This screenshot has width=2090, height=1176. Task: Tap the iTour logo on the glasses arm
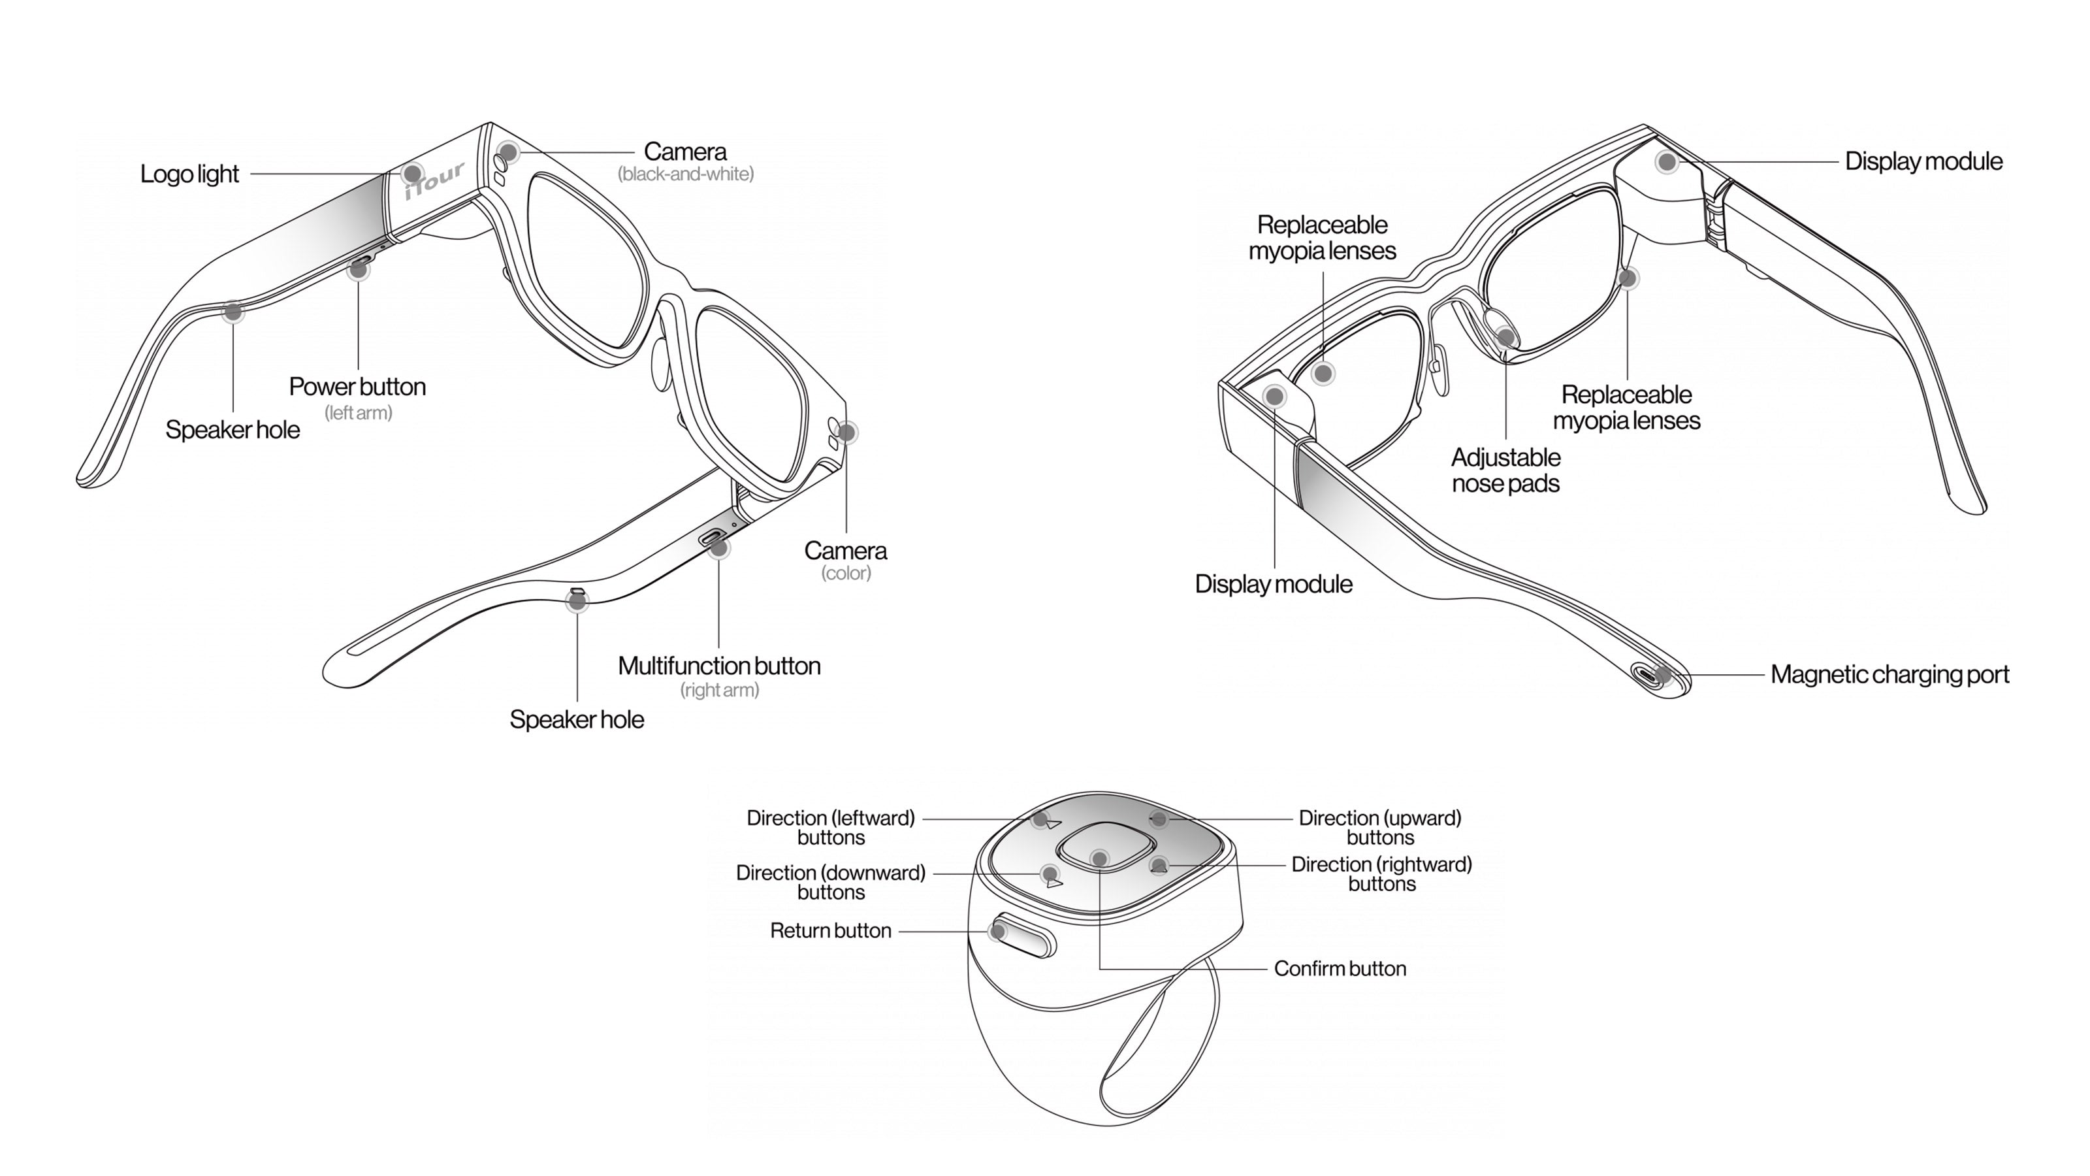click(x=436, y=180)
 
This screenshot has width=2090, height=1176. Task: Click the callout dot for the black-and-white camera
click(x=508, y=152)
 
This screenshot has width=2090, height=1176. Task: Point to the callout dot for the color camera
click(x=846, y=433)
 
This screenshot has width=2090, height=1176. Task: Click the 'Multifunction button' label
click(x=719, y=666)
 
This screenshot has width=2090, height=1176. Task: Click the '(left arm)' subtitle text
click(x=358, y=412)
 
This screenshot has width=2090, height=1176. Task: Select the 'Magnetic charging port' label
click(x=1889, y=674)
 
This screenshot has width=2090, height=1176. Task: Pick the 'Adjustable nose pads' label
click(x=1506, y=470)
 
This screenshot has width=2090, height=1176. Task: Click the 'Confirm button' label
click(x=1340, y=968)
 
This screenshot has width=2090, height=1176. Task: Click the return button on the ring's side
click(x=1024, y=935)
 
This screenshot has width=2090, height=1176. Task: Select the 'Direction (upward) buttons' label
click(x=1380, y=827)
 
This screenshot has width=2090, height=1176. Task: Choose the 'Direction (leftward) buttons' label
click(x=831, y=827)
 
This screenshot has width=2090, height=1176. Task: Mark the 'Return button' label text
click(x=830, y=930)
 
